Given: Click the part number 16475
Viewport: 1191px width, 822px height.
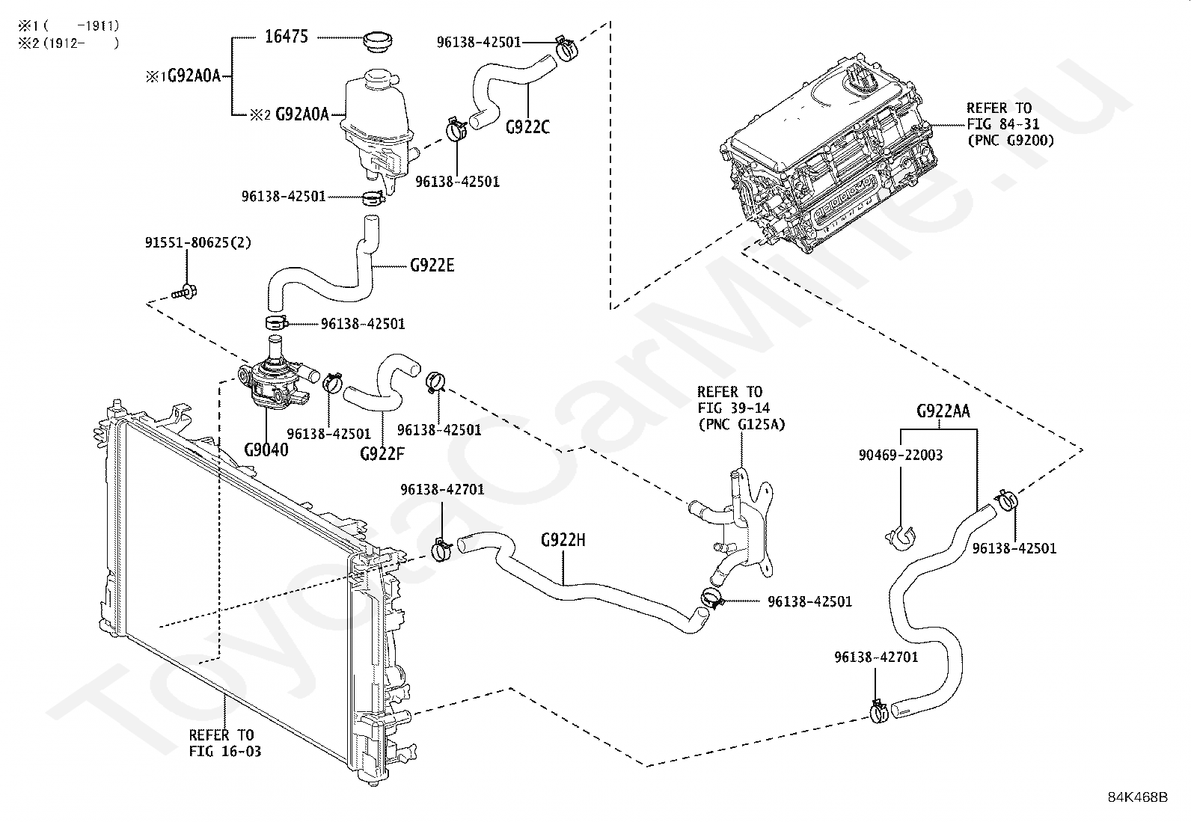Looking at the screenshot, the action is pos(287,36).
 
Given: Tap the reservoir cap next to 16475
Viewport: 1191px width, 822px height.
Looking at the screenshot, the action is pos(378,41).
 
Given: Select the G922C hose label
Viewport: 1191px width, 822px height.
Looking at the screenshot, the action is pos(527,127).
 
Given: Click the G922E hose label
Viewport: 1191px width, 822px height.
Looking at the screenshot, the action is pos(432,265).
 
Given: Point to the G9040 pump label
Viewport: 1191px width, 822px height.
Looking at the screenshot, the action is pos(266,450).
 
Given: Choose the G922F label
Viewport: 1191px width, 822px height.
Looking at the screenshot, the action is pos(382,453).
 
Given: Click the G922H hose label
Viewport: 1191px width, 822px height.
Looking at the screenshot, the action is pos(563,540).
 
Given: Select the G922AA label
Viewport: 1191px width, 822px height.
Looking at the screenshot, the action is pos(943,411).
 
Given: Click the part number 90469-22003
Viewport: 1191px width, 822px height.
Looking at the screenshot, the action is pos(901,456).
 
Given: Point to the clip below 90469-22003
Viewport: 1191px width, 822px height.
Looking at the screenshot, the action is pos(901,538).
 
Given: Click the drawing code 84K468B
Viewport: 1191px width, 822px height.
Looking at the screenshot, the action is pos(1138,797).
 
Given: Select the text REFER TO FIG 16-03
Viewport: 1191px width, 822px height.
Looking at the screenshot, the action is pos(225,743).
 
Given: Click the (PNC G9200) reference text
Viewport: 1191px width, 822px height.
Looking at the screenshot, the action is pos(1011,141).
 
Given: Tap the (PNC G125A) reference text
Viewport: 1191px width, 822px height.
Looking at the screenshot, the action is pos(741,424).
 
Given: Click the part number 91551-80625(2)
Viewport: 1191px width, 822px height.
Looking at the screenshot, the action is pos(198,242).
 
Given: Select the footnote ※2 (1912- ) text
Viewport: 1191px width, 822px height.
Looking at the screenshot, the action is pos(69,43).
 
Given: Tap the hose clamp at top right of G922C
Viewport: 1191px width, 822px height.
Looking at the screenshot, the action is pos(565,49).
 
